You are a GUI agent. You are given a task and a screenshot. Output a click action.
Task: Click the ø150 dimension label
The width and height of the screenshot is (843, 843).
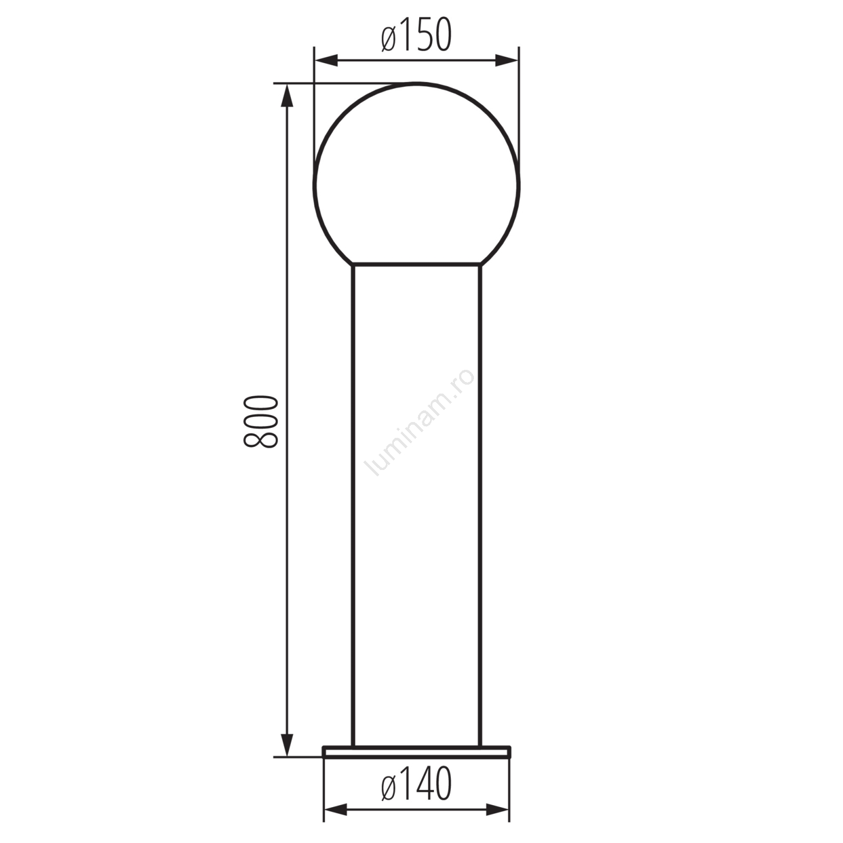(416, 35)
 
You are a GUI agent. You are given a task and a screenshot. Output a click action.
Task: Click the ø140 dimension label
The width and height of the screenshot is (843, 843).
(416, 783)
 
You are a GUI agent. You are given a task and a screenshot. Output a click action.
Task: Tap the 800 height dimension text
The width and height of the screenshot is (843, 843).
(260, 421)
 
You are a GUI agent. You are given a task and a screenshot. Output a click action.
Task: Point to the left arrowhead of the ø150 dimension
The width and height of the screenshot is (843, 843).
(326, 60)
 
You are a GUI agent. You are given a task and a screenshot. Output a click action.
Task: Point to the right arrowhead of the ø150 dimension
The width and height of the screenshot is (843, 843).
(507, 60)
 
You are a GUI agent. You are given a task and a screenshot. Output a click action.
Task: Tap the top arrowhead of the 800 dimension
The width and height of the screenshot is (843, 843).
(287, 95)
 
